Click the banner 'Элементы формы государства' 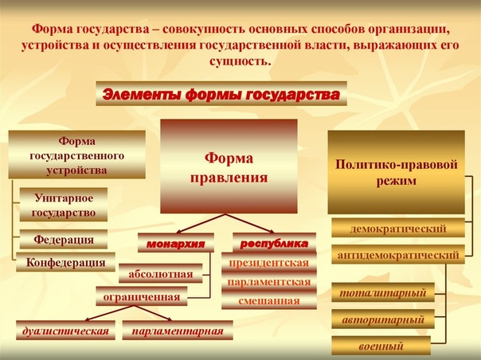coord(221,94)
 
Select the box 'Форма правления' coord(229,166)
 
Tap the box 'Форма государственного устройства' coord(76,155)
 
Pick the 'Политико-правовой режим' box coord(397,172)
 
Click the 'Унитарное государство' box coord(64,205)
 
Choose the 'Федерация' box coord(64,239)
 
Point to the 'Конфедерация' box coord(65,262)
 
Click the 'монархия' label coord(176,243)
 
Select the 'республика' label coord(274,243)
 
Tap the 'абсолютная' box coord(161,273)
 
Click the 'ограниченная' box coord(142,296)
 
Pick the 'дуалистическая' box coord(65,331)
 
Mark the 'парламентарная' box coord(178,331)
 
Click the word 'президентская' coord(269,263)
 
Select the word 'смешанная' coord(269,301)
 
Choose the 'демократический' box coord(398,228)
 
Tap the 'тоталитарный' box coord(383,292)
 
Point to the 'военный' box coord(381,346)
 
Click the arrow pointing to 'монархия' coord(201,224)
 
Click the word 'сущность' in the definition coord(240,61)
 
